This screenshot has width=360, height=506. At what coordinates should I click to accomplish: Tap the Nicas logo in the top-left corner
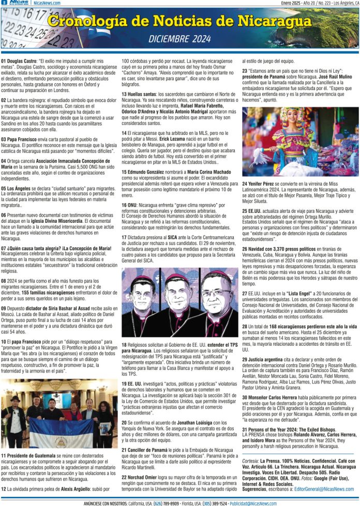coord(19,3)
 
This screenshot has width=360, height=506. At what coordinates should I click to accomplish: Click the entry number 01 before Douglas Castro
coord(4,61)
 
